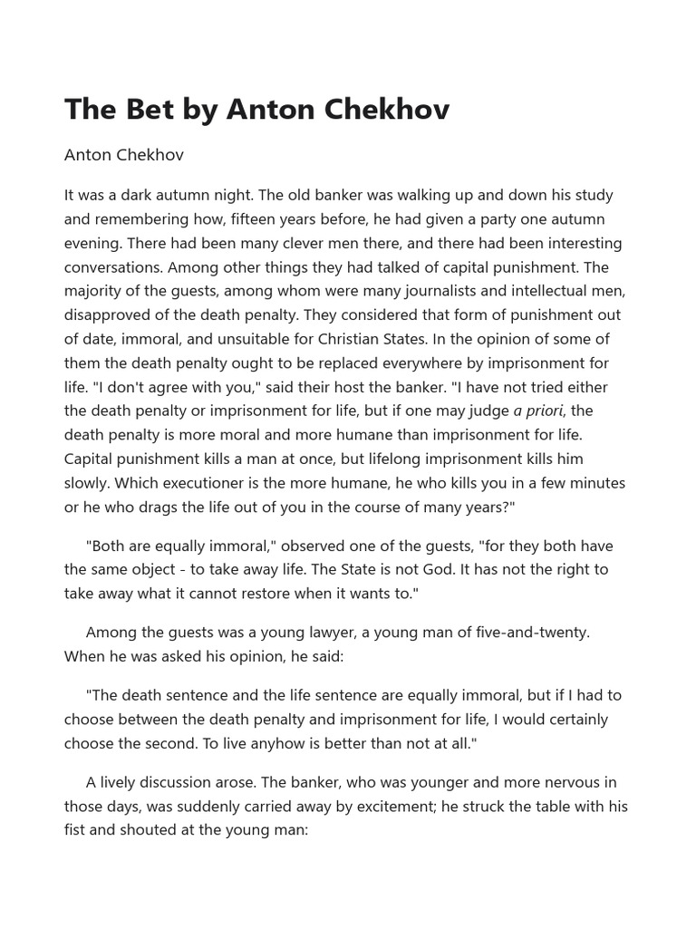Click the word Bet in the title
point(143,110)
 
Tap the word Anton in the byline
point(88,155)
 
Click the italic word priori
point(546,411)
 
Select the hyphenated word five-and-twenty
point(536,632)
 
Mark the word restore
point(272,594)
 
